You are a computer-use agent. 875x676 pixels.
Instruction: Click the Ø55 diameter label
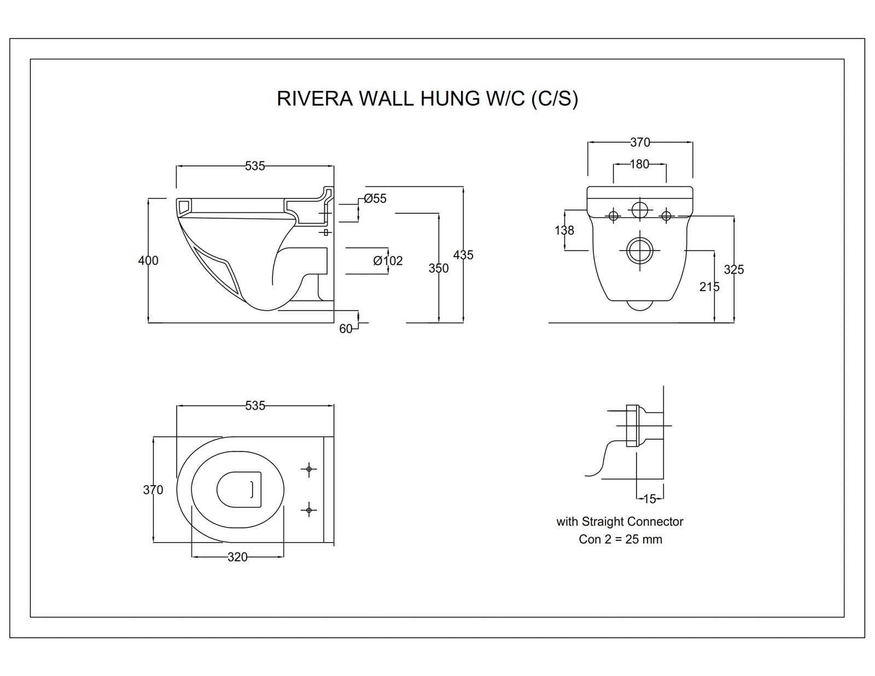(375, 199)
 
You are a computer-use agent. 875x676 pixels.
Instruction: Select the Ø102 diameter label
(388, 261)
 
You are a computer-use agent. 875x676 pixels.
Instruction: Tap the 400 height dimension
(148, 260)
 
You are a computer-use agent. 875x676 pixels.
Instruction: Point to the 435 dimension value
(463, 255)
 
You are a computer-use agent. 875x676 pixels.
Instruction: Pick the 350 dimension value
(439, 268)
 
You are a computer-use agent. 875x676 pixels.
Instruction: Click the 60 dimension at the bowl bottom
(346, 329)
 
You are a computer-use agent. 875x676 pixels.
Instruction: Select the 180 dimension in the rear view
(639, 164)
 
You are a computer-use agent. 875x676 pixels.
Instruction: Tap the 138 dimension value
(564, 230)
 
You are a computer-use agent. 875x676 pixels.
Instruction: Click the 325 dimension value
(734, 269)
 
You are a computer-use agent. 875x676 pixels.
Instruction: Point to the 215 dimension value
(709, 287)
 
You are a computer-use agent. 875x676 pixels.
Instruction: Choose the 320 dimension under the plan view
(237, 557)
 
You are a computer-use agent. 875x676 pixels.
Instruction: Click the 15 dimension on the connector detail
(650, 499)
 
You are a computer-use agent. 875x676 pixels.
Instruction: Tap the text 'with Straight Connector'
(620, 521)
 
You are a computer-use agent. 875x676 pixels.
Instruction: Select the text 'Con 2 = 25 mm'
(620, 539)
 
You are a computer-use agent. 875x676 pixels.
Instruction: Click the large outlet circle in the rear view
(639, 250)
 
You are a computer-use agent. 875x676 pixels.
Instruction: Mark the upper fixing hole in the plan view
(309, 469)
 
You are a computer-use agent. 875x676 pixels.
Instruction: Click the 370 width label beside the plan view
(153, 489)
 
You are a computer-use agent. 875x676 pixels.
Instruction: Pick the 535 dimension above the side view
(255, 166)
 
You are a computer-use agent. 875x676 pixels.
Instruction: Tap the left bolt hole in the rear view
(613, 216)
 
